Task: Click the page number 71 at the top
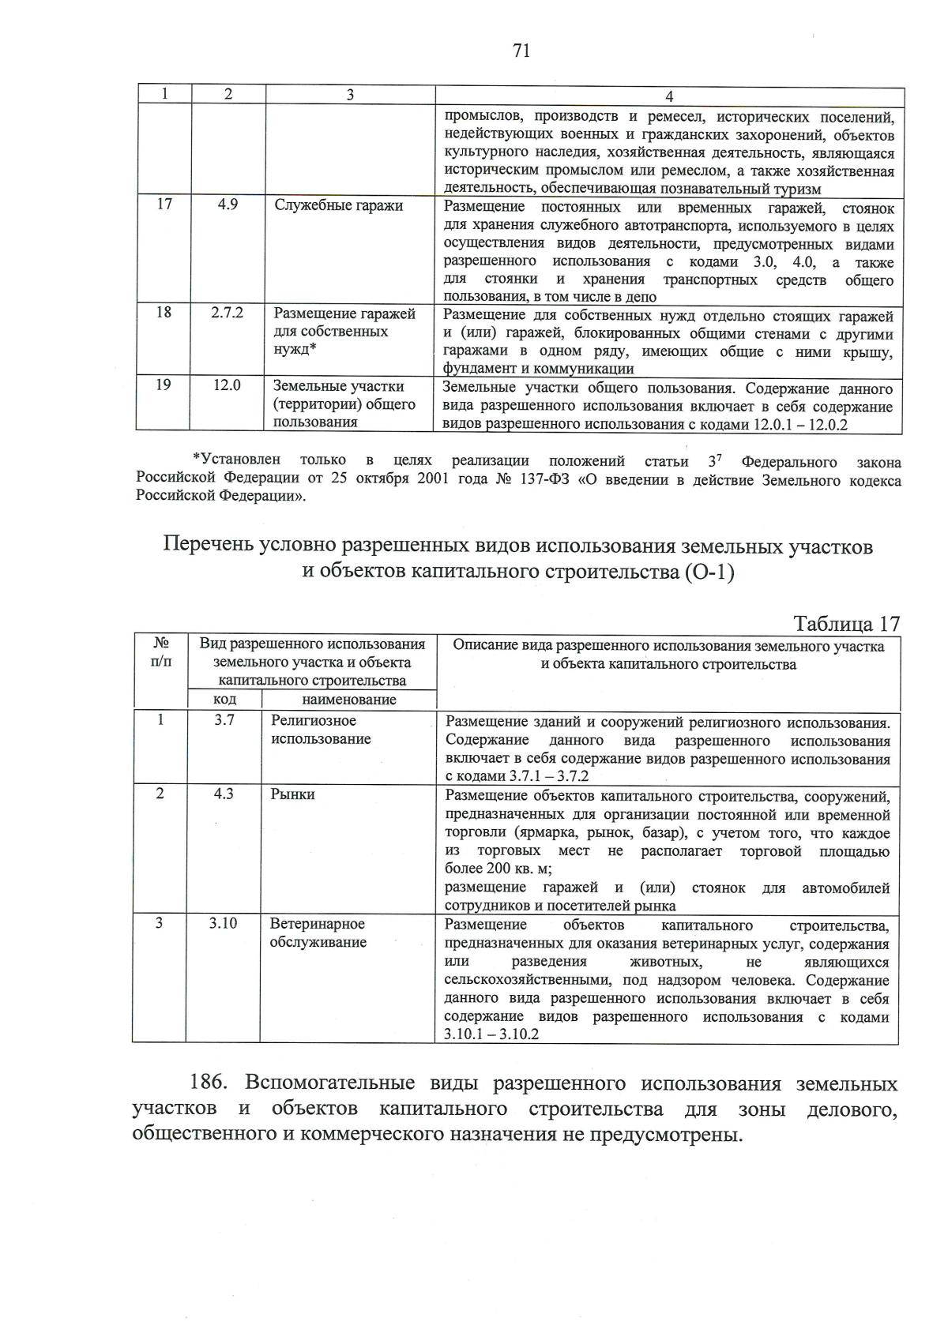[521, 51]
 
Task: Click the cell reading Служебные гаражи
[338, 205]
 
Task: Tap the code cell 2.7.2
[228, 313]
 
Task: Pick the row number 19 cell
[163, 385]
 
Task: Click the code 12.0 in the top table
[227, 385]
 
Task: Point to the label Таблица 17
[847, 624]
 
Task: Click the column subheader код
[225, 700]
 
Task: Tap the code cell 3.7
[224, 720]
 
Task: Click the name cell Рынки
[293, 794]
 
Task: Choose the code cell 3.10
[224, 923]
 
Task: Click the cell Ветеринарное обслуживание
[318, 933]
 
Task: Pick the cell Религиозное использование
[321, 730]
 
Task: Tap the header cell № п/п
[160, 652]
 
